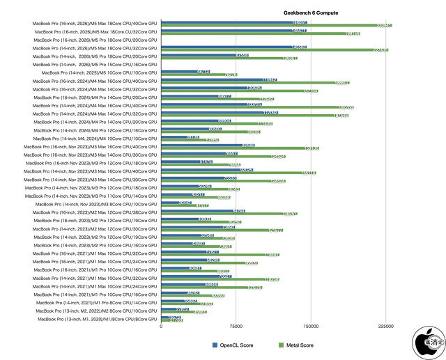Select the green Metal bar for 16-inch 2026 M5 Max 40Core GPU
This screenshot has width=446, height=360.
[276, 26]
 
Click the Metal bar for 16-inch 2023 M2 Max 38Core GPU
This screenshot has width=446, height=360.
[229, 214]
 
